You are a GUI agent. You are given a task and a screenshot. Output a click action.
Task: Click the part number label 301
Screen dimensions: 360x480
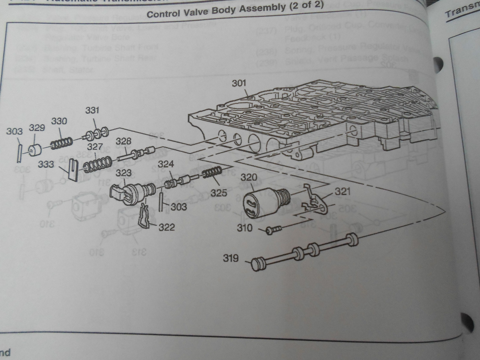pos(239,83)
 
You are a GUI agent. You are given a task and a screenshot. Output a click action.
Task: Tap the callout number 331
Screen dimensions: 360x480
pos(92,110)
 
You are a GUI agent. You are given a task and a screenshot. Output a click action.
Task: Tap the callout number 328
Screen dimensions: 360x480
pos(123,141)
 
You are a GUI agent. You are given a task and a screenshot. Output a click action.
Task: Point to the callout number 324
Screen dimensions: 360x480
pos(166,164)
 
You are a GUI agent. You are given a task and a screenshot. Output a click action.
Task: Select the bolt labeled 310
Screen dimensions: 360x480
pos(273,230)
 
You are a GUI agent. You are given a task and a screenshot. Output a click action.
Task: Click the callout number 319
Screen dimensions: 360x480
pos(231,258)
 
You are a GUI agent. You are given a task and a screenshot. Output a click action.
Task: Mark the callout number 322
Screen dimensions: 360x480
pos(166,227)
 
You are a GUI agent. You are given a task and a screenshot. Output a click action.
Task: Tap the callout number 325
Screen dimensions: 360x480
pos(219,193)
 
